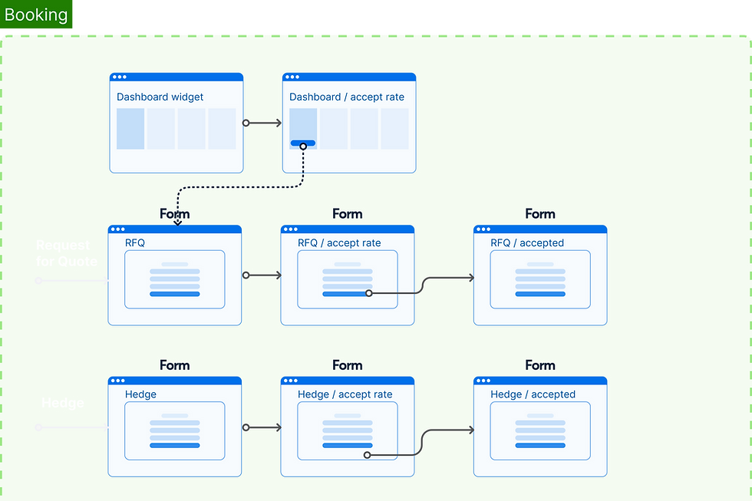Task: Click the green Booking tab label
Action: point(36,15)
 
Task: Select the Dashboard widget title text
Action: point(160,97)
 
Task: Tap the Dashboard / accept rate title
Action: point(346,97)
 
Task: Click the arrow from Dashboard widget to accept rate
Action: point(263,123)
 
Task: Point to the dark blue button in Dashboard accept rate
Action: point(302,143)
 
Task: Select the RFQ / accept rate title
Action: point(338,243)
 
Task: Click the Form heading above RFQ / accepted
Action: point(539,214)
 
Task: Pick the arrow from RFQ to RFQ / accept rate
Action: point(262,275)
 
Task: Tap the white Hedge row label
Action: point(62,404)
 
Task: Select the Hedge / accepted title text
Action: point(532,394)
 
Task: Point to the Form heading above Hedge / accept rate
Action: point(347,366)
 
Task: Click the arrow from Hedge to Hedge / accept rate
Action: point(262,427)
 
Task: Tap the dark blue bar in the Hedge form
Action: point(174,445)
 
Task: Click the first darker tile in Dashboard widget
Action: point(130,128)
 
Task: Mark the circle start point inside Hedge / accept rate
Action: point(367,455)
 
